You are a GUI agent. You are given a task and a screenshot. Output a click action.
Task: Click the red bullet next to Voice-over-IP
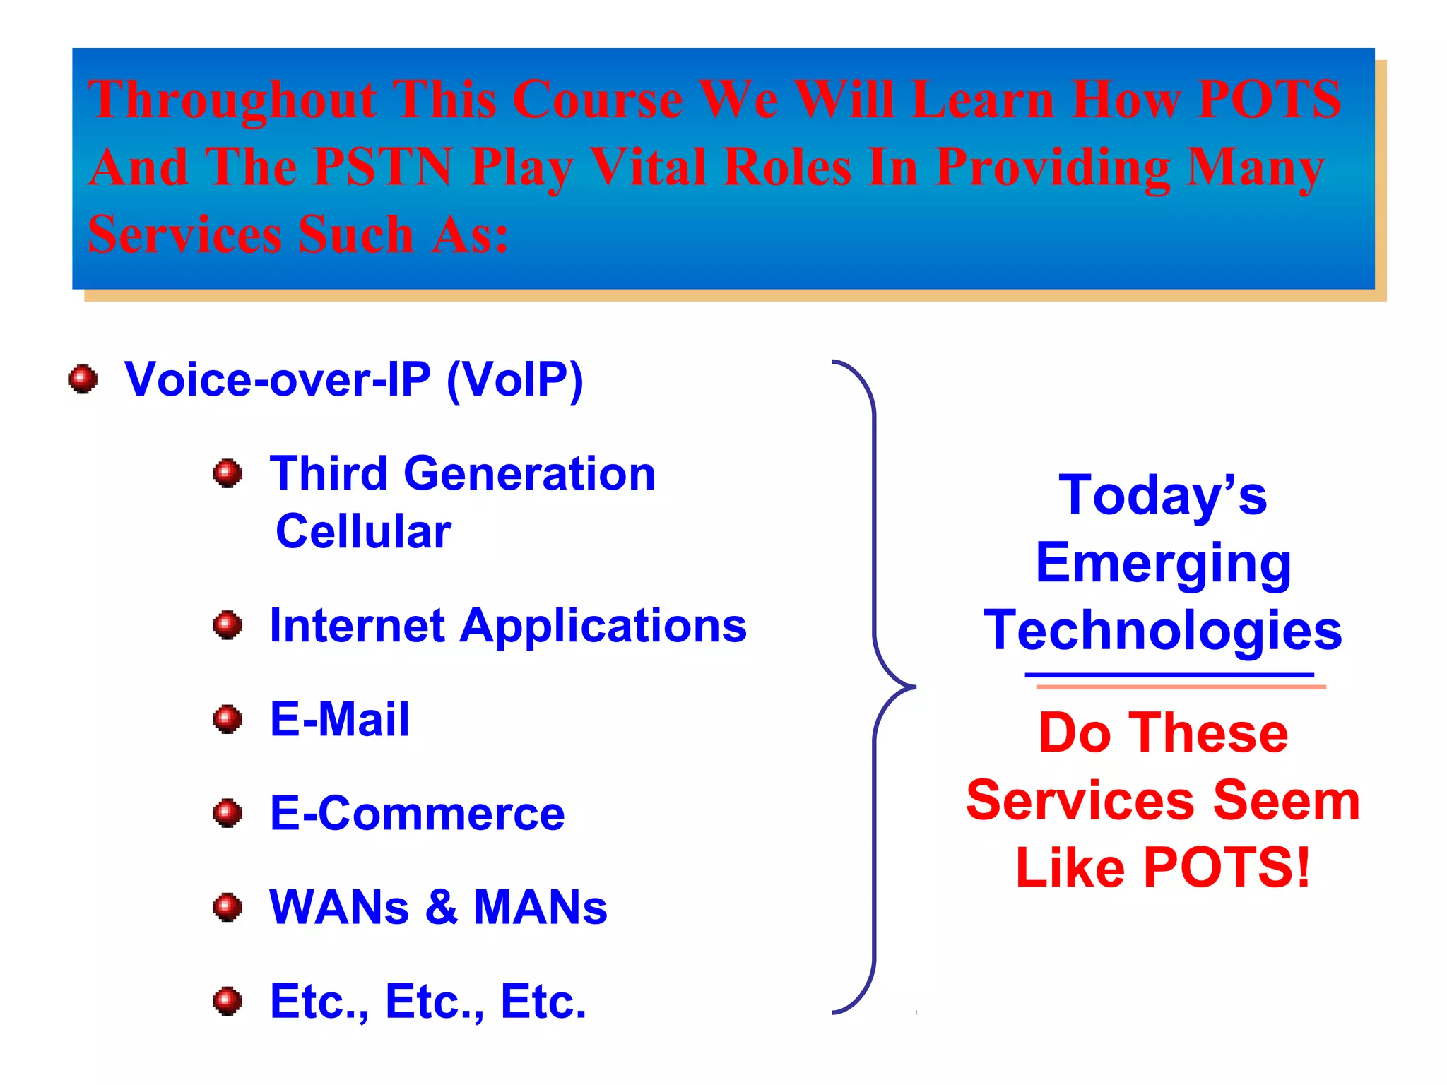(83, 379)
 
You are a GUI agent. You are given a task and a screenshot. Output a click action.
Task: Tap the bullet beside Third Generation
(228, 473)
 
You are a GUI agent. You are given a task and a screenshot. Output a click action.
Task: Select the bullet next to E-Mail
(228, 720)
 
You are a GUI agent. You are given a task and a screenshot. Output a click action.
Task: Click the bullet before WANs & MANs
(228, 908)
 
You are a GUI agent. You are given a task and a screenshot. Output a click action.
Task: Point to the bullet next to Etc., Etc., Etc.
(228, 1002)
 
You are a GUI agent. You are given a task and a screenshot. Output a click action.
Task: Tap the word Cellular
(363, 531)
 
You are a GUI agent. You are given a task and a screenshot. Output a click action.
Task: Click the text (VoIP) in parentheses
(515, 380)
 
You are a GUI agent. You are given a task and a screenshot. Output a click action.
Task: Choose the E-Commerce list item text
(417, 814)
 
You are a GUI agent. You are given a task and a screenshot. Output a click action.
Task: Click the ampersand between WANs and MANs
(442, 907)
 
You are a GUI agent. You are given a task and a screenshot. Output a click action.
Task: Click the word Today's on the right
(1162, 495)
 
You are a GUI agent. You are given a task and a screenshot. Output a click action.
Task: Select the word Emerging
(1163, 564)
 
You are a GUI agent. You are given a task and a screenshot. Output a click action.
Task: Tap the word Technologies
(1162, 630)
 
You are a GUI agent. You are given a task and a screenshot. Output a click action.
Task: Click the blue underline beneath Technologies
(1169, 675)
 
